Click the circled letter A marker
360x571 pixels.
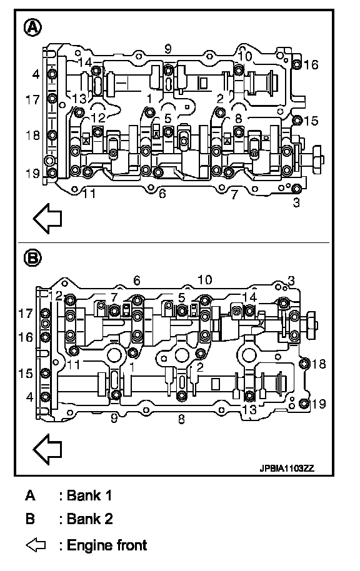click(32, 27)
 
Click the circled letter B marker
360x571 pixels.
click(32, 258)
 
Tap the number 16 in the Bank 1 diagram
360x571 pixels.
click(311, 65)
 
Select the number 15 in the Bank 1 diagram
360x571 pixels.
click(311, 121)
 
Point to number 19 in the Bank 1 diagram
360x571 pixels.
click(32, 173)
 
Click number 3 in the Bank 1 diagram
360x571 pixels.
click(296, 202)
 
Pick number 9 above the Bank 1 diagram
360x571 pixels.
click(167, 49)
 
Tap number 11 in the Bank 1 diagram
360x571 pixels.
click(89, 194)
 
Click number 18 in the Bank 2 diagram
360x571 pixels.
click(319, 364)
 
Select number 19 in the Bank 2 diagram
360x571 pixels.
click(319, 404)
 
